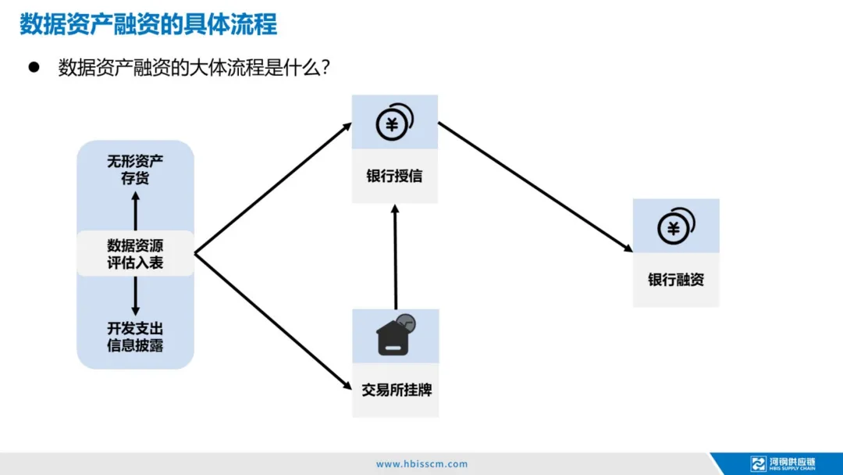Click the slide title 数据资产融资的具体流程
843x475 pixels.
(x=148, y=24)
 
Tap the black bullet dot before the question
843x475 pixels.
(x=34, y=67)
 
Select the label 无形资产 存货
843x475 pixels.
(x=135, y=170)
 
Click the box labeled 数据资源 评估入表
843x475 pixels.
(x=135, y=253)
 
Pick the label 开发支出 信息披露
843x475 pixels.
(x=135, y=337)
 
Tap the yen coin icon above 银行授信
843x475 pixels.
(x=394, y=122)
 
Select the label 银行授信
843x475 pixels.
(x=394, y=176)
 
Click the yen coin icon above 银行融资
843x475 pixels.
(x=675, y=226)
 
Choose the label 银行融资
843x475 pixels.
(x=675, y=280)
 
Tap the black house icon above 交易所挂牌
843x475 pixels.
(x=395, y=336)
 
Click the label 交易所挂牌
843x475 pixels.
(x=395, y=389)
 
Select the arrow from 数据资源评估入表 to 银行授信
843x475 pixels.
(x=272, y=188)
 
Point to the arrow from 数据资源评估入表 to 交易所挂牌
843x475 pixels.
(x=272, y=320)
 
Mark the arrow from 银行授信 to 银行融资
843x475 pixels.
(x=535, y=187)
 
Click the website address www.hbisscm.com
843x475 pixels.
(x=421, y=463)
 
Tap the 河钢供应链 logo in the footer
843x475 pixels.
(x=783, y=463)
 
